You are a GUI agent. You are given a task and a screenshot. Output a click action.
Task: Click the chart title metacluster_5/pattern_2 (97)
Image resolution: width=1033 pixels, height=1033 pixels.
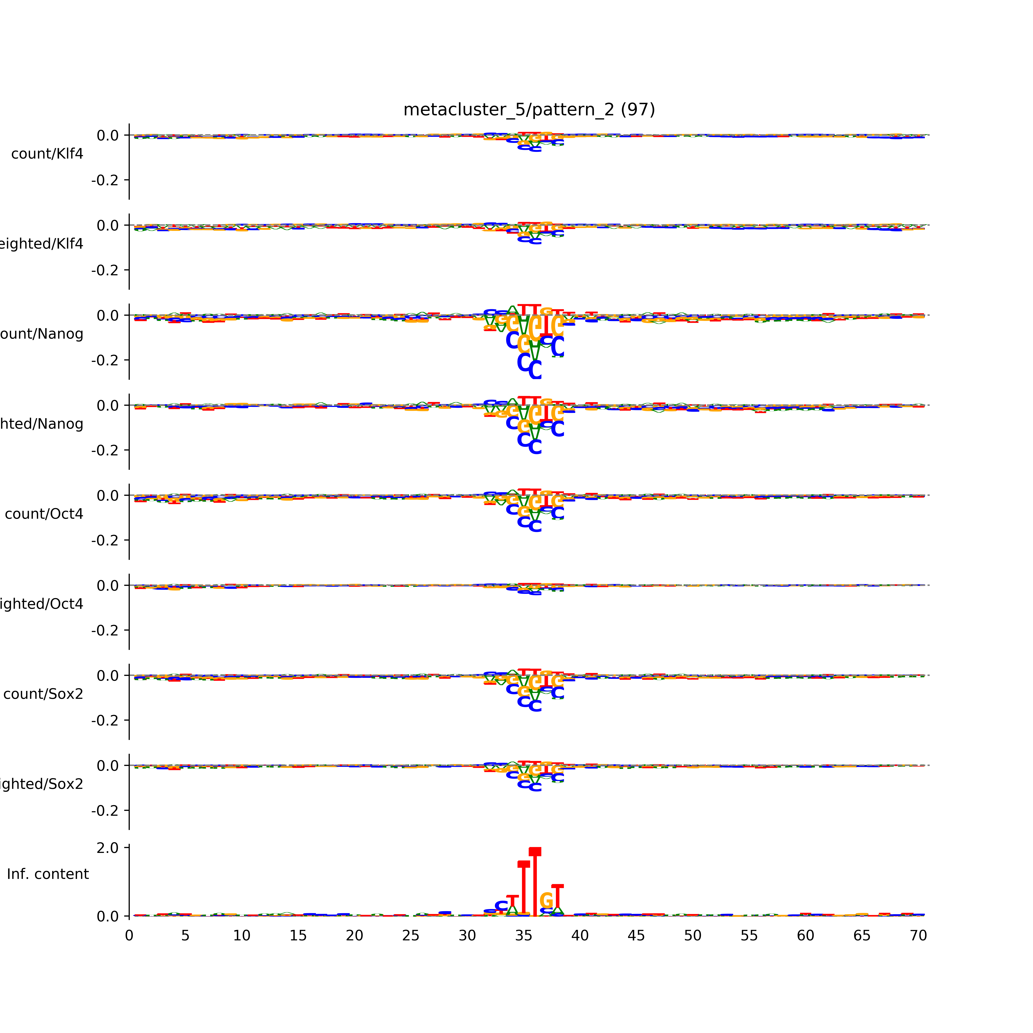[x=529, y=110]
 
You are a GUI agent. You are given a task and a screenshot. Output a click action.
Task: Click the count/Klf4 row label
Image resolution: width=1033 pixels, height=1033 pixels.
[x=47, y=154]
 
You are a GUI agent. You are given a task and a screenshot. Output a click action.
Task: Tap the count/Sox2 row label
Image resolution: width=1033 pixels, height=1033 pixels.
[x=43, y=694]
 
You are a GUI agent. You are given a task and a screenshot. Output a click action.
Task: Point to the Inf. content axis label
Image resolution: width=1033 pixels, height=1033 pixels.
[x=48, y=874]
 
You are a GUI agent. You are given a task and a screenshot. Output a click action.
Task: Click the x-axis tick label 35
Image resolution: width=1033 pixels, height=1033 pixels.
[x=523, y=936]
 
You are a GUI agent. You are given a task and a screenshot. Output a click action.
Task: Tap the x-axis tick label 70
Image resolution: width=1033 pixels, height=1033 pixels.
[x=918, y=936]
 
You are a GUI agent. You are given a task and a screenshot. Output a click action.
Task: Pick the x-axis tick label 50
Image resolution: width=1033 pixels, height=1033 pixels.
[x=692, y=936]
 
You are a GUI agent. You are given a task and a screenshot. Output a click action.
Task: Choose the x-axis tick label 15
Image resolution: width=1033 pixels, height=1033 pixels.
[x=298, y=936]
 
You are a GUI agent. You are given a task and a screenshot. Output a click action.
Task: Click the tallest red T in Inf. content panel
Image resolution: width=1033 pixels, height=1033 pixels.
[x=535, y=882]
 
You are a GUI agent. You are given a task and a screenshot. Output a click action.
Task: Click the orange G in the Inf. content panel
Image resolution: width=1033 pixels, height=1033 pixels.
[x=546, y=901]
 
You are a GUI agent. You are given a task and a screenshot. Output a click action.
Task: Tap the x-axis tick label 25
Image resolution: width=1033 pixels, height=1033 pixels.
[x=411, y=936]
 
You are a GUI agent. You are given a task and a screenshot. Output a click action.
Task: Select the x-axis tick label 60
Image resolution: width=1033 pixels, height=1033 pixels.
[x=805, y=936]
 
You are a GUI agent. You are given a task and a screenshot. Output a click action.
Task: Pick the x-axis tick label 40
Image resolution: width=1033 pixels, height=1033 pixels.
[x=580, y=936]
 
